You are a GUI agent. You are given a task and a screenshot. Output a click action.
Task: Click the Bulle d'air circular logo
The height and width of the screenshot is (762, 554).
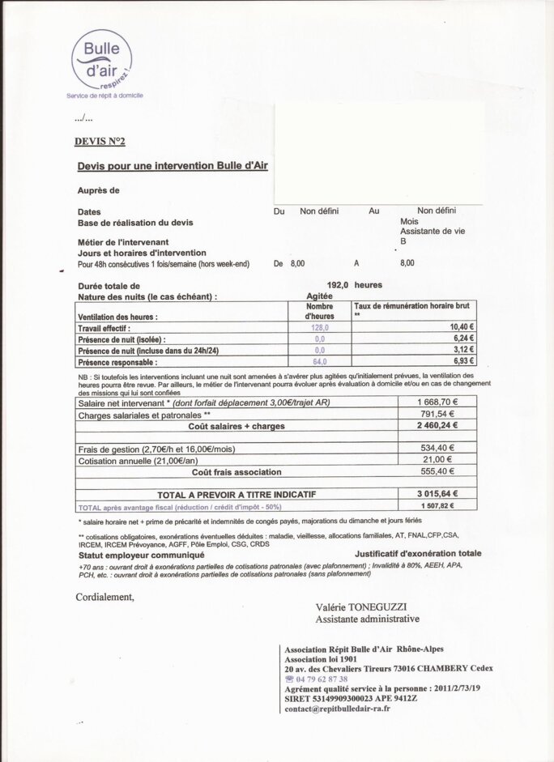[x=101, y=58]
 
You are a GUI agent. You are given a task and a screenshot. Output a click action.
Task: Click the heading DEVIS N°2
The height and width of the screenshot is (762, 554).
[x=100, y=141]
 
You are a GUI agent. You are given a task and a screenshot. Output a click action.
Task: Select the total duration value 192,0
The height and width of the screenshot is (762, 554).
[x=337, y=285]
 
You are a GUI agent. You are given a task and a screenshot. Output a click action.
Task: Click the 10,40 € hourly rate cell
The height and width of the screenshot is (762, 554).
[x=462, y=328]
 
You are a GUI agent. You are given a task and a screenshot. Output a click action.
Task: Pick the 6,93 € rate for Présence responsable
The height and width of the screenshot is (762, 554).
[x=463, y=361]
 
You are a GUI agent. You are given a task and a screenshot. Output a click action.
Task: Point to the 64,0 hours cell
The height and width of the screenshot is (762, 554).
[x=319, y=362]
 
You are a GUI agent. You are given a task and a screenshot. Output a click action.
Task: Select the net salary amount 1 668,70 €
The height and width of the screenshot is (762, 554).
[x=437, y=402]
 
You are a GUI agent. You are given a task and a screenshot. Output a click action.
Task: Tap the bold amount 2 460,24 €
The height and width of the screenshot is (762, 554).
[x=437, y=425]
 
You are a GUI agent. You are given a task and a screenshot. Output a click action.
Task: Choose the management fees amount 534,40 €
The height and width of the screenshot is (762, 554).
[x=437, y=449]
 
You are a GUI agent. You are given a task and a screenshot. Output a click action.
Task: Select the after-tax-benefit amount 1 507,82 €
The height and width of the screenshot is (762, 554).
[x=437, y=506]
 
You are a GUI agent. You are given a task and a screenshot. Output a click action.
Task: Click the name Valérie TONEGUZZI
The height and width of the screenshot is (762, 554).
[x=362, y=607]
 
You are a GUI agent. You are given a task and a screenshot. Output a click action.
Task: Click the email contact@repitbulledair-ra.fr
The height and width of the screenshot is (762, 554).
[x=337, y=709]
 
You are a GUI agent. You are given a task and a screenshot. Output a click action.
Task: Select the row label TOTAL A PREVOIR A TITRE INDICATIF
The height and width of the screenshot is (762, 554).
[x=236, y=494]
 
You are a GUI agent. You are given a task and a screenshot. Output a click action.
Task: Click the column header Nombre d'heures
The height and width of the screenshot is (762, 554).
[x=320, y=311]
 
